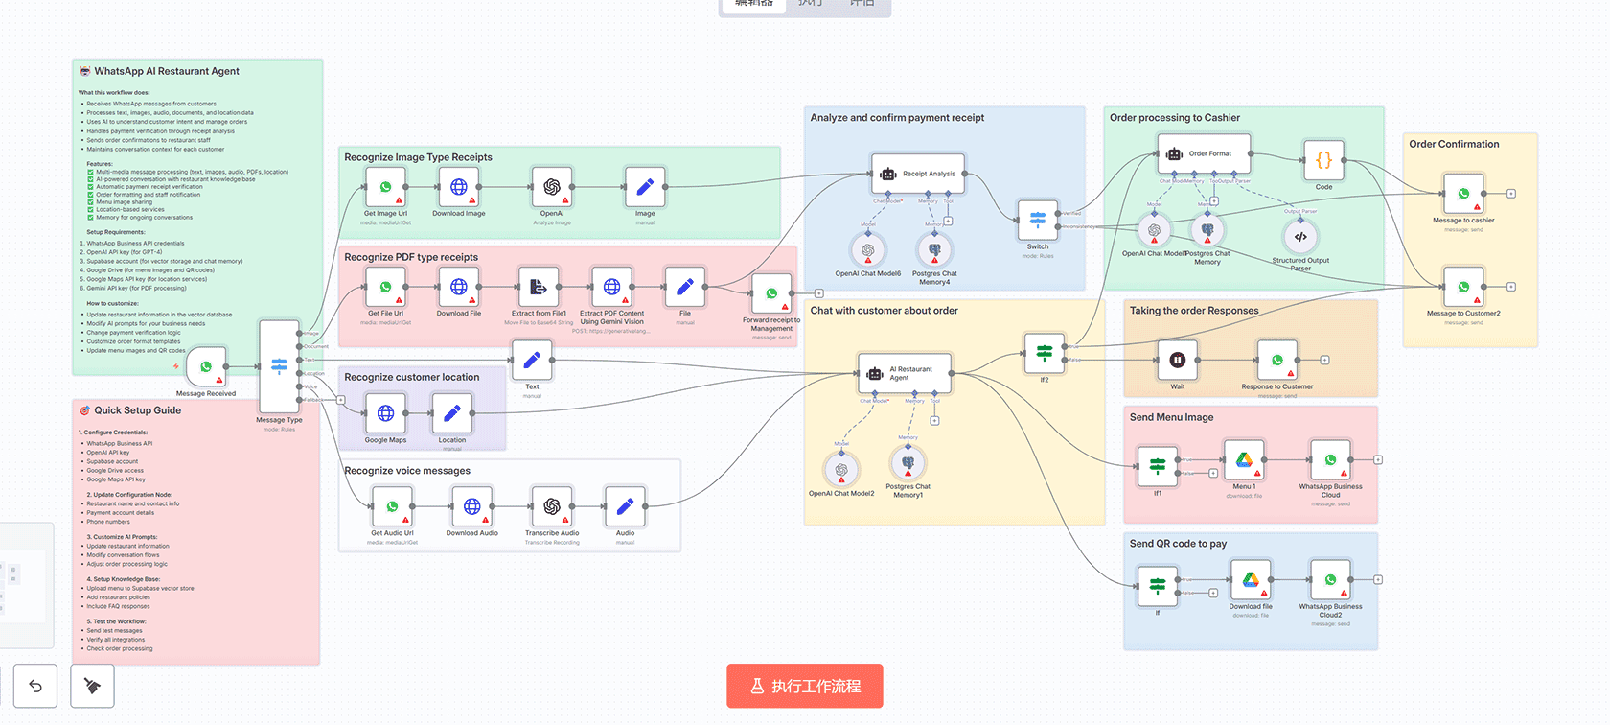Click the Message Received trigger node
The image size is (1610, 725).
[x=206, y=367]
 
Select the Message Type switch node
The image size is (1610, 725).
[x=279, y=365]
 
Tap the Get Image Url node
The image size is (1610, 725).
[x=385, y=187]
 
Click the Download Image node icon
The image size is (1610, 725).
[x=459, y=187]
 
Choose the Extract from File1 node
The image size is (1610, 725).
[x=539, y=287]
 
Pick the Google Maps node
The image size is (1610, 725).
[x=385, y=413]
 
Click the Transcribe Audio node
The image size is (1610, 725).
[x=552, y=506]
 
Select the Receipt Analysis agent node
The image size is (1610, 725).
[x=917, y=174]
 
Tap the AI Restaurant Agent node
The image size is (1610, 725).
[x=904, y=373]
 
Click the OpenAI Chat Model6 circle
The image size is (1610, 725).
[x=867, y=250]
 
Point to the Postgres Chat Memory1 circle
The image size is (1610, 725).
[x=908, y=463]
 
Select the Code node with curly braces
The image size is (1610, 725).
[x=1323, y=160]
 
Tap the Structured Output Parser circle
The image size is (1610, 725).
[x=1300, y=236]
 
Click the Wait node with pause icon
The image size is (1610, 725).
[x=1177, y=361]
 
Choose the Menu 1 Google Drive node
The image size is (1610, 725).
[x=1243, y=460]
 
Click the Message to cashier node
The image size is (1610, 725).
[x=1463, y=194]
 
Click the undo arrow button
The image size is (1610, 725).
[x=35, y=686]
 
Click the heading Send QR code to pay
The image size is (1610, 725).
[x=1178, y=544]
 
